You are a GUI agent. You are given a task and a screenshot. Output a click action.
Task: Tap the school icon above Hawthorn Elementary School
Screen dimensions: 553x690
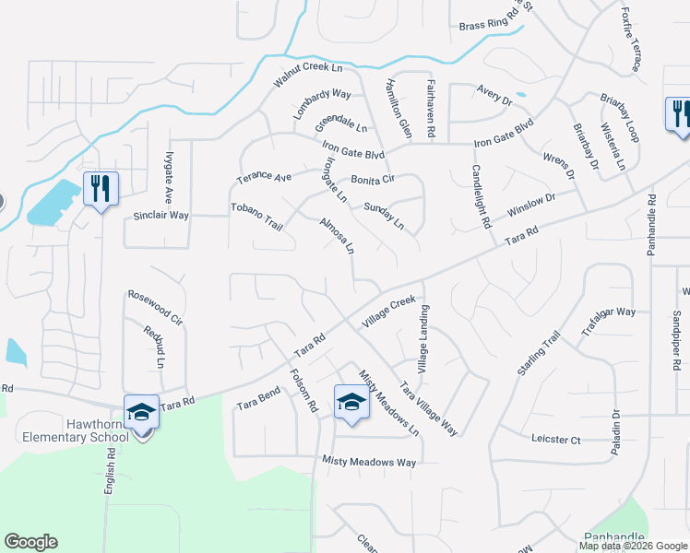(x=141, y=411)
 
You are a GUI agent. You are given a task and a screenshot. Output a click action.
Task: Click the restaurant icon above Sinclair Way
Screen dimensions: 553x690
(x=100, y=188)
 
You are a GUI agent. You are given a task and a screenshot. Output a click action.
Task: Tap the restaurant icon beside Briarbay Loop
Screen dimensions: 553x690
(x=679, y=113)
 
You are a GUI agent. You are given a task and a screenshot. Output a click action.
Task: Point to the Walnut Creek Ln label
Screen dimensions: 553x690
(x=308, y=76)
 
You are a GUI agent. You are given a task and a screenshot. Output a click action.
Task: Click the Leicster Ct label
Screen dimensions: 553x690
(x=555, y=440)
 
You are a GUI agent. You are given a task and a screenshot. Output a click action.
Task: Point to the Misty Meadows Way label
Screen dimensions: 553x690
(x=369, y=461)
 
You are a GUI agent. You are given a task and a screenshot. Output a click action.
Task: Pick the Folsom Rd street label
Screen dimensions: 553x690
(x=303, y=391)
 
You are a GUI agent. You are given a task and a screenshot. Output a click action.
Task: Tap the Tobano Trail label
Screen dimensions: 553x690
(x=256, y=217)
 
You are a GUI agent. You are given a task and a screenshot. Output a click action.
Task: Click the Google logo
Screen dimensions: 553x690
(x=31, y=542)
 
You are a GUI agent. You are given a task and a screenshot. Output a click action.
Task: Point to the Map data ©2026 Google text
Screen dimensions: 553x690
(x=632, y=545)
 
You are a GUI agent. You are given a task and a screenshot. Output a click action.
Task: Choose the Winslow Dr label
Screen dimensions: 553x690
(x=531, y=205)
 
